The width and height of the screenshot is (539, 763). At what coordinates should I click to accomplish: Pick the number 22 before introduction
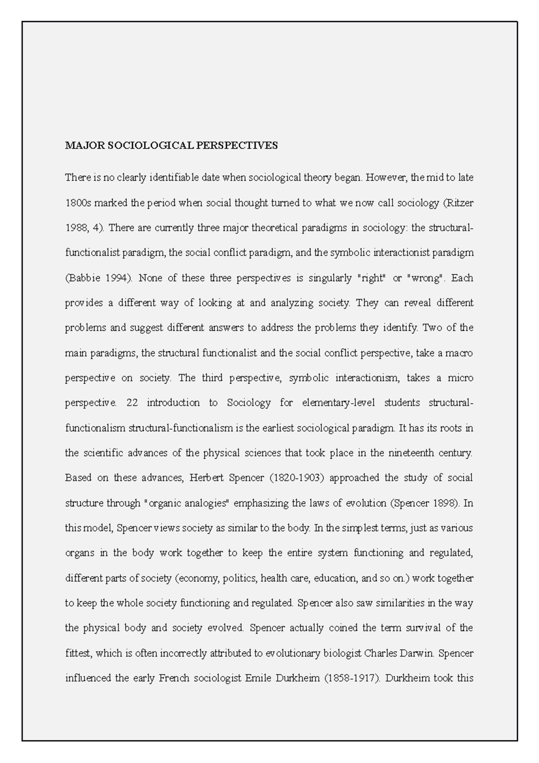pos(132,403)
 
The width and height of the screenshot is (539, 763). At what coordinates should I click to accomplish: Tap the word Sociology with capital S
pos(248,403)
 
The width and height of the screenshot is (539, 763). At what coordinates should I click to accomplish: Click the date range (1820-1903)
pos(296,478)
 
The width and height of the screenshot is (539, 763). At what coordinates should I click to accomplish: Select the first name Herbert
pos(206,478)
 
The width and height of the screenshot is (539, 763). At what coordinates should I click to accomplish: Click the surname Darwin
pos(416,653)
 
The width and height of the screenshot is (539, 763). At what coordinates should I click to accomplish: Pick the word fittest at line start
pos(78,653)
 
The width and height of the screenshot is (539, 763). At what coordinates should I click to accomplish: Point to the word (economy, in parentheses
pos(196,578)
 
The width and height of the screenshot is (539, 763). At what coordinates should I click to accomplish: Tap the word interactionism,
pos(367,378)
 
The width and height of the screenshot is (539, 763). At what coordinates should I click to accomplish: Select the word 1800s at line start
pos(78,203)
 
